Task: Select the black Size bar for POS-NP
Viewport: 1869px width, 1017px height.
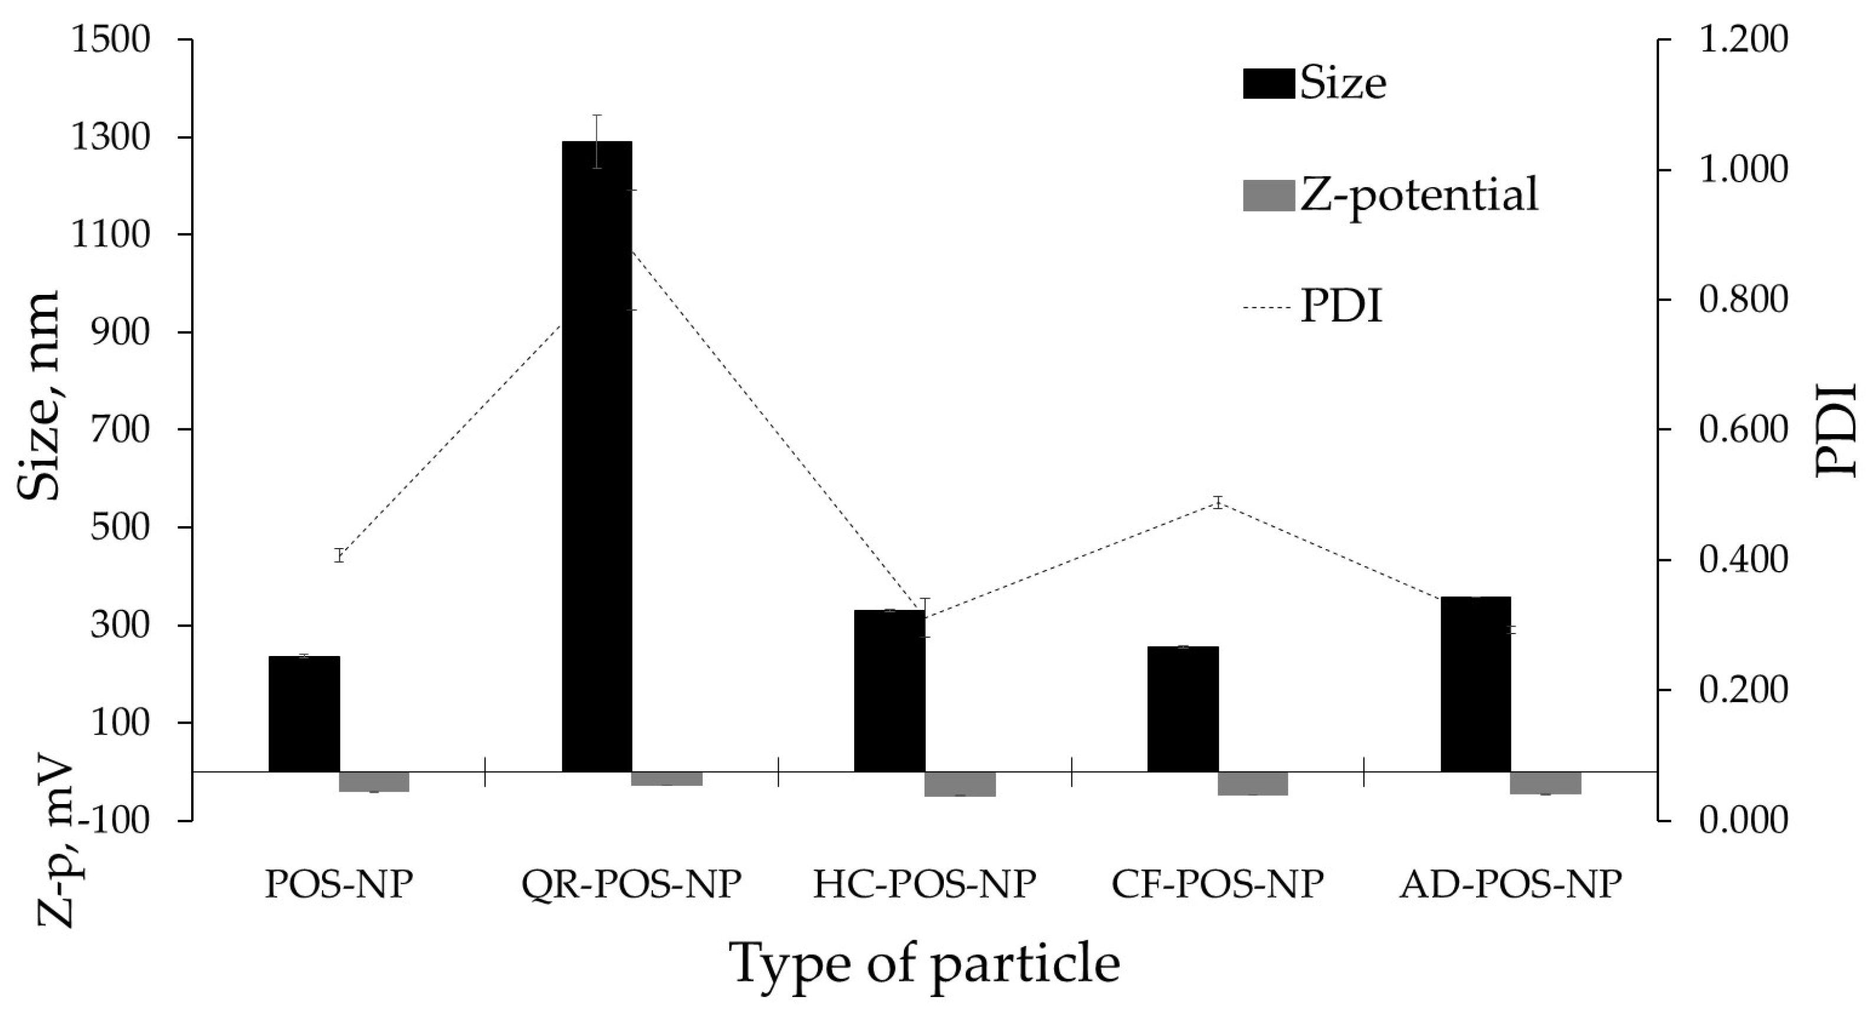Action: point(304,714)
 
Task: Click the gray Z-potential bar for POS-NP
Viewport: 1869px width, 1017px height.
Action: point(375,781)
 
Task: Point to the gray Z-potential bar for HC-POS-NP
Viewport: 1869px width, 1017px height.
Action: point(960,784)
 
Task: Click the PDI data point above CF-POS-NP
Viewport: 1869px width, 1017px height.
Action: point(1218,502)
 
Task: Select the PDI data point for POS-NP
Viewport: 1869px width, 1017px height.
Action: point(339,556)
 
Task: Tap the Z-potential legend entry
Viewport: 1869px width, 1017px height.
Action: point(1389,195)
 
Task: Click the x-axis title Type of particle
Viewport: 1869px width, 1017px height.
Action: point(924,964)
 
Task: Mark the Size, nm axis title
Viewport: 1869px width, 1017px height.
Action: point(38,395)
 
